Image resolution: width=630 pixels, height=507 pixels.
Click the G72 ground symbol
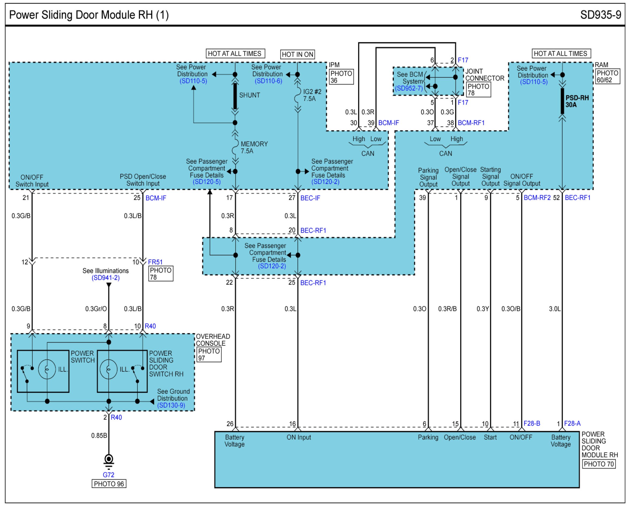(x=109, y=462)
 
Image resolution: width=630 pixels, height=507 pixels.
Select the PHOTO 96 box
(x=109, y=484)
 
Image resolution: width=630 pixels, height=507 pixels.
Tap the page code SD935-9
(x=601, y=15)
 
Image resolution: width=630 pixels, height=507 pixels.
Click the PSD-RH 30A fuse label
(x=577, y=101)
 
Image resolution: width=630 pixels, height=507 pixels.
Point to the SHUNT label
(x=250, y=95)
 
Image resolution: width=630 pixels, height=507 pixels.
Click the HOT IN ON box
(x=297, y=54)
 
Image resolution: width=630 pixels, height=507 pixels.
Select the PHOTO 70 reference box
(x=599, y=464)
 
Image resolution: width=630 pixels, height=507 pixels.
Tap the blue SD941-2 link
(x=105, y=278)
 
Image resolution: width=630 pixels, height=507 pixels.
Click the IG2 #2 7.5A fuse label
(x=312, y=95)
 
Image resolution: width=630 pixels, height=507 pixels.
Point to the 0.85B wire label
(x=99, y=435)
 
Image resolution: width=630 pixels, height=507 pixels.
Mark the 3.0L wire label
(x=555, y=309)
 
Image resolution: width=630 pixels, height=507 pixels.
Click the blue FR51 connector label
(x=155, y=262)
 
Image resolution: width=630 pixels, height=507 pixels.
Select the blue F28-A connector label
(x=572, y=423)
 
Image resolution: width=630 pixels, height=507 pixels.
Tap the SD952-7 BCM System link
(x=409, y=88)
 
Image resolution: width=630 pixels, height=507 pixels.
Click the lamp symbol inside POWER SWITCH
(x=47, y=369)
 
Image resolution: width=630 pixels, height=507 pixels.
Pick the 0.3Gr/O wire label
(x=96, y=309)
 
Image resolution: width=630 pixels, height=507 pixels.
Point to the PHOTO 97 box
(x=209, y=354)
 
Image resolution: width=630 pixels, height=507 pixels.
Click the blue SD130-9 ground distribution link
(x=171, y=405)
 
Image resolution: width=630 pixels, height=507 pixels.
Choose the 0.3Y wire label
(x=483, y=309)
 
